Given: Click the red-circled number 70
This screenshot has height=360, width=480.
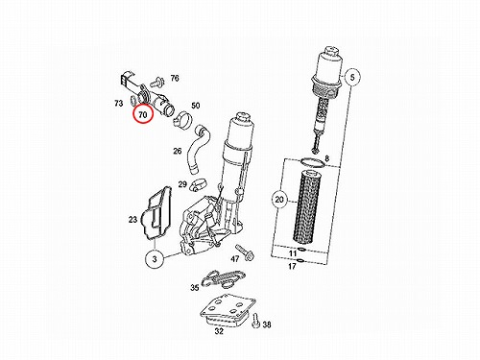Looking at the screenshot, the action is [x=143, y=114].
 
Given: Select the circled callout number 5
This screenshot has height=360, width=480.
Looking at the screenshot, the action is [x=352, y=77].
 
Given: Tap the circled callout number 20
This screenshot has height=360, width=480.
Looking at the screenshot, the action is [x=279, y=200].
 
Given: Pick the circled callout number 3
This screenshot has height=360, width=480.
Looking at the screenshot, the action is [x=155, y=258].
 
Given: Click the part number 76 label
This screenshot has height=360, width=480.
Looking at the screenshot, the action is [x=175, y=78].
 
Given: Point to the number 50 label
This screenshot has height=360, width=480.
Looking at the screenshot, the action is [x=195, y=106].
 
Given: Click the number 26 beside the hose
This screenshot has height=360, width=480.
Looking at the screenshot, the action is [x=178, y=151].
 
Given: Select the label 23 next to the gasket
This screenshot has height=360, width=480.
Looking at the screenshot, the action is [x=132, y=220].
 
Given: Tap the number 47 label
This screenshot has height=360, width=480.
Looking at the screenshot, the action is [x=235, y=258].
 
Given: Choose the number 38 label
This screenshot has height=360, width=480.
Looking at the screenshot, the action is [x=267, y=324].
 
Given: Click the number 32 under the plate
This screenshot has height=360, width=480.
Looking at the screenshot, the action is [x=219, y=331].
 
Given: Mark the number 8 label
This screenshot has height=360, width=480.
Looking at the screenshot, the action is [x=326, y=158].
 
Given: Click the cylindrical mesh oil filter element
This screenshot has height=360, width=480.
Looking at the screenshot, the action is [x=305, y=206].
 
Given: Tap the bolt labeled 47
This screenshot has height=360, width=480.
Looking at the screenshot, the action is [x=245, y=252].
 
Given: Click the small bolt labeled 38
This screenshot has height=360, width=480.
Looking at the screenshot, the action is [x=255, y=321].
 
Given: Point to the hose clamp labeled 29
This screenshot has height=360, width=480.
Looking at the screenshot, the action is [x=199, y=185].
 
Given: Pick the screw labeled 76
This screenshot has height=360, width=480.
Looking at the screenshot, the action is [x=158, y=83].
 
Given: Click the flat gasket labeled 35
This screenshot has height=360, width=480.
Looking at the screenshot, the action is [x=223, y=277].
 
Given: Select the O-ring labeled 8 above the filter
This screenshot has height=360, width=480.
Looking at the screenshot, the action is [x=313, y=162].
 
